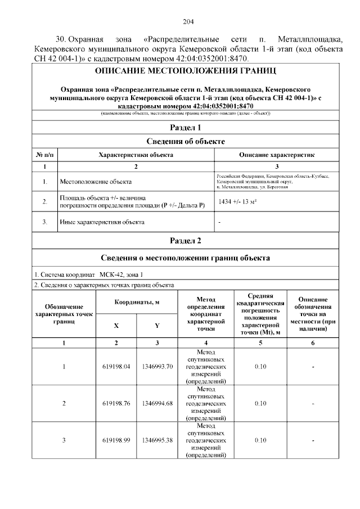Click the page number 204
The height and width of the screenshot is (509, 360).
[188, 22]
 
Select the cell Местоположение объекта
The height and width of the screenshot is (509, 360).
[96, 182]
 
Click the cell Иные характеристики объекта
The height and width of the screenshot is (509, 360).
[102, 222]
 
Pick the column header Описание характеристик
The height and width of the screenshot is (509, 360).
[277, 154]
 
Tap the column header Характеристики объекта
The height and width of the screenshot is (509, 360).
[136, 154]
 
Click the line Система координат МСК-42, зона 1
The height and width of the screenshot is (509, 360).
[89, 274]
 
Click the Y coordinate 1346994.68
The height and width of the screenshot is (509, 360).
[157, 403]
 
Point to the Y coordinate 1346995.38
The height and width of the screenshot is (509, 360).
[157, 440]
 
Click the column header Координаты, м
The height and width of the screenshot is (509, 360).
[137, 302]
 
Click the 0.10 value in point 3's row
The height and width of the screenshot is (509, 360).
[260, 440]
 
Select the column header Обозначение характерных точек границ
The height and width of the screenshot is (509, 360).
[64, 314]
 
